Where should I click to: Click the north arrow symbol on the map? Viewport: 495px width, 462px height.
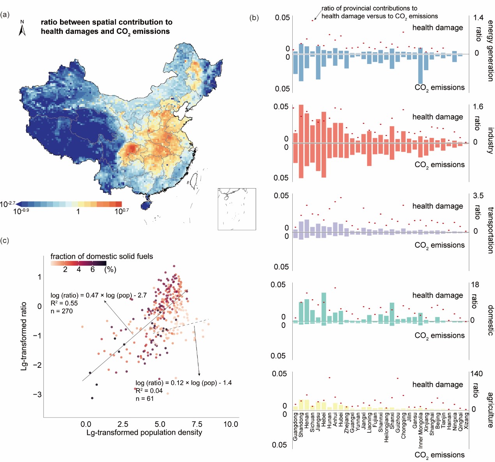click(x=22, y=28)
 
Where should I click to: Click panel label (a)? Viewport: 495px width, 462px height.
click(x=5, y=15)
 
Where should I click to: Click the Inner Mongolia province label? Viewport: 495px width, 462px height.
click(x=421, y=430)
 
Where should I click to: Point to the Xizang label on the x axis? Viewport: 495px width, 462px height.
click(x=467, y=421)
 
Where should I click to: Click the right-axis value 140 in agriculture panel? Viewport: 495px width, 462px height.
click(x=477, y=374)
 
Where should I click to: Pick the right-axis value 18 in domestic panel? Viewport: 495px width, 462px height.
click(x=475, y=285)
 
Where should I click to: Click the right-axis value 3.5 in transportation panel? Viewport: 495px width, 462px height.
click(x=478, y=196)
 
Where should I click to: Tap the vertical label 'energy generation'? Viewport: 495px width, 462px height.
click(x=490, y=51)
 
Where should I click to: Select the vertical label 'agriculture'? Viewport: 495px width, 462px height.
click(x=490, y=410)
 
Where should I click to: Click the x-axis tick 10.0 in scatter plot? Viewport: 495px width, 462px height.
click(x=231, y=424)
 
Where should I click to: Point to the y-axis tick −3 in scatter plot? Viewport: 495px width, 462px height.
click(x=37, y=395)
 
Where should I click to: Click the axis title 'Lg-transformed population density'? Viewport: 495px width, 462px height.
click(x=144, y=432)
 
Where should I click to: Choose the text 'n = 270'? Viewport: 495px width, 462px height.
click(x=62, y=311)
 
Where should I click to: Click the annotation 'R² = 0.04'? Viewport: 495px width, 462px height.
click(x=149, y=391)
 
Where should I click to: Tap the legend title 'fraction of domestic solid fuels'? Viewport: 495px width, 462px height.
click(x=102, y=256)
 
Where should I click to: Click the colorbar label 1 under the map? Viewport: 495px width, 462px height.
click(x=78, y=212)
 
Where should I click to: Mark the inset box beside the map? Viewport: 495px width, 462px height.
click(x=237, y=209)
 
